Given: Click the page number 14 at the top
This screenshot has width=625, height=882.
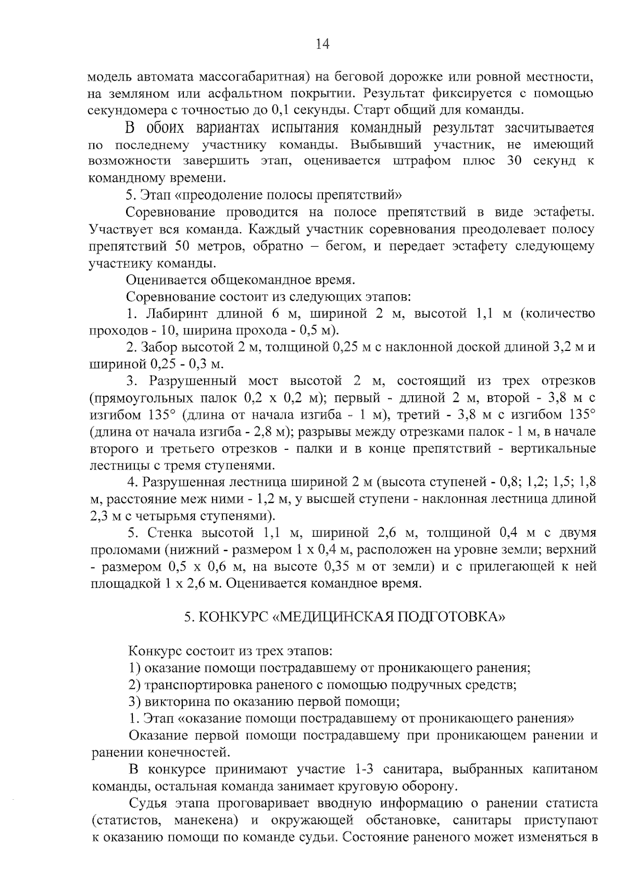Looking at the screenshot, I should (x=322, y=45).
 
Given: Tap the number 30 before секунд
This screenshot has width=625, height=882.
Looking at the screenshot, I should (x=514, y=161).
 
